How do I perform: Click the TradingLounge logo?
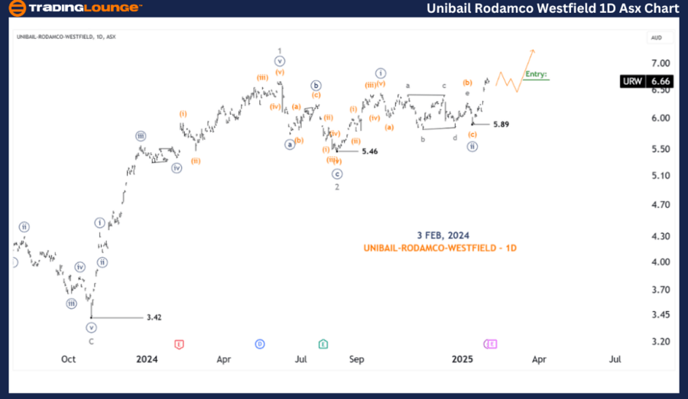point(75,8)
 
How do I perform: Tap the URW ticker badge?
point(632,81)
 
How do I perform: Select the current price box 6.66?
point(660,81)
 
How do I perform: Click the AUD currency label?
point(656,37)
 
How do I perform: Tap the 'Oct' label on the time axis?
point(69,358)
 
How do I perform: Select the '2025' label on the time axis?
point(463,358)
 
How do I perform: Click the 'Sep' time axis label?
point(356,358)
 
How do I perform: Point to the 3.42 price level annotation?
point(154,317)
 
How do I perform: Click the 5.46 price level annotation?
point(370,151)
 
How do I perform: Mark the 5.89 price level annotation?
point(501,124)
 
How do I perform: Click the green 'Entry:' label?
point(536,74)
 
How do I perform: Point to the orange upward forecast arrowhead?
point(533,51)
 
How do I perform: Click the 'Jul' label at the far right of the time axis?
point(614,358)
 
